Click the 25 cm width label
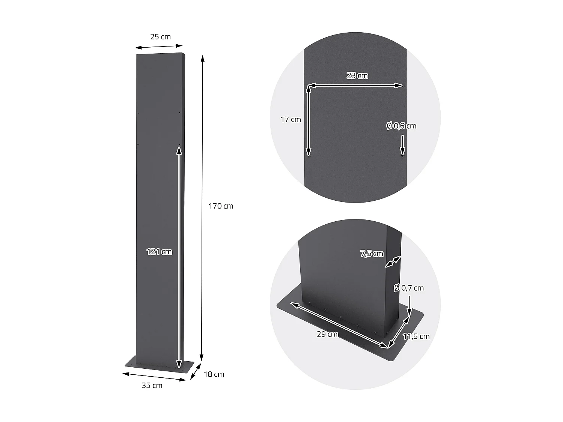(160, 37)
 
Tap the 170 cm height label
(221, 206)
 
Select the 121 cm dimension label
(159, 252)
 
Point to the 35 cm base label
(152, 385)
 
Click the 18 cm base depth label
(214, 374)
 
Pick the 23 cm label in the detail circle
(357, 76)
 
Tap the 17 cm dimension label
(291, 120)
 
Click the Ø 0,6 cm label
(401, 126)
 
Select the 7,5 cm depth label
(372, 254)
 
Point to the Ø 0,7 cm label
(408, 288)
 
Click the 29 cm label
(327, 334)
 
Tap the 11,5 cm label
(416, 336)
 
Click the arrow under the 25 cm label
(158, 47)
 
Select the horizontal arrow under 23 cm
(355, 86)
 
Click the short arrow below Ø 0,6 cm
(402, 145)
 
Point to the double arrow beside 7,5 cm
(393, 262)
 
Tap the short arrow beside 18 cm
(195, 372)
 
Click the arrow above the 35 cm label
(155, 377)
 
